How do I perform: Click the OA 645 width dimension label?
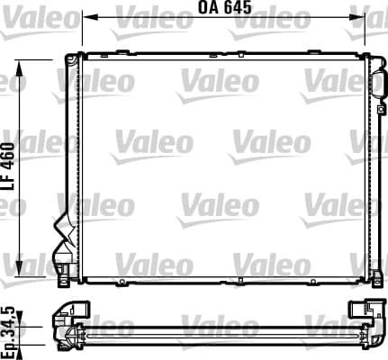pyautogui.click(x=224, y=7)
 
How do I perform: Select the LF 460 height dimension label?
pyautogui.click(x=8, y=166)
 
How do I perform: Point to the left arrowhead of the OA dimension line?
pyautogui.click(x=89, y=17)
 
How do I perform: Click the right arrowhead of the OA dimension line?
pyautogui.click(x=357, y=17)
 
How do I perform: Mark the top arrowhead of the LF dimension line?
pyautogui.click(x=19, y=68)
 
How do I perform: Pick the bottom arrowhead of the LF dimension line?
pyautogui.click(x=19, y=268)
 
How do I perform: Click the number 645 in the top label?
pyautogui.click(x=238, y=7)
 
